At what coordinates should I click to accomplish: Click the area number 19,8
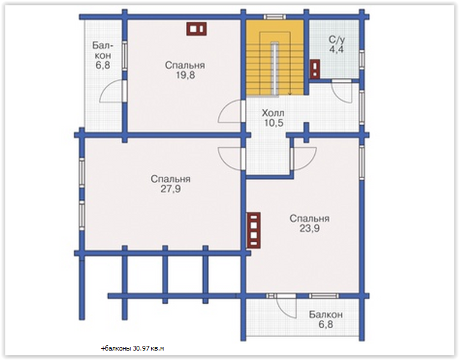[x=185, y=75]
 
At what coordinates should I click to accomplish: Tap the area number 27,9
[x=171, y=189]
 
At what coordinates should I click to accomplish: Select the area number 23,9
[x=310, y=228]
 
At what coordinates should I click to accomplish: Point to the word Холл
[x=273, y=113]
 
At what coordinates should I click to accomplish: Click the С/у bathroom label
[x=337, y=39]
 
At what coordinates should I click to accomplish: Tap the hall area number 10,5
[x=274, y=122]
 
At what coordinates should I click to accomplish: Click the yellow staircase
[x=275, y=58]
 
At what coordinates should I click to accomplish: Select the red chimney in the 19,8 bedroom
[x=197, y=29]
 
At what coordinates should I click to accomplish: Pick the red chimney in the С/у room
[x=315, y=69]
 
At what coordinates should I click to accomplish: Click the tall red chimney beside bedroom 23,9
[x=254, y=230]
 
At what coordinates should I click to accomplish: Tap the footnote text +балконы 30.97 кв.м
[x=132, y=349]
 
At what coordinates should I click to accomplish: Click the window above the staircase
[x=275, y=17]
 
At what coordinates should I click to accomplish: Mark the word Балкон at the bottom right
[x=326, y=315]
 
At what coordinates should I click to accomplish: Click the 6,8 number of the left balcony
[x=103, y=65]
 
